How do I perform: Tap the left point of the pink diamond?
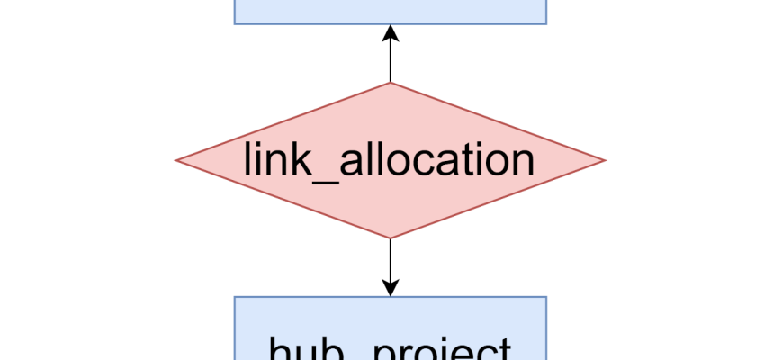point(175,161)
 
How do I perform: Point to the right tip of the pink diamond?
point(606,161)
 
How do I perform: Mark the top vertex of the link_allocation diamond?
point(390,83)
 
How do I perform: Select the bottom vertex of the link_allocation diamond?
point(390,238)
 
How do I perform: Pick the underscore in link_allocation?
point(317,176)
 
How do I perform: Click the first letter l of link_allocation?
point(247,159)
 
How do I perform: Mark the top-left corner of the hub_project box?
point(235,297)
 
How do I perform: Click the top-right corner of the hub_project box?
point(546,297)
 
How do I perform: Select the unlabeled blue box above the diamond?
point(390,11)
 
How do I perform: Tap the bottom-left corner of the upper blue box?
point(235,24)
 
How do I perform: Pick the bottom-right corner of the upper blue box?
point(546,24)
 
